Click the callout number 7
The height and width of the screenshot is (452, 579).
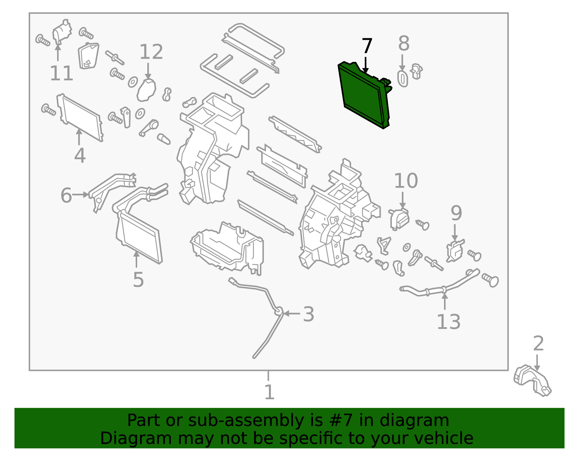367,46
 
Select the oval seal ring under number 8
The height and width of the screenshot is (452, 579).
402,79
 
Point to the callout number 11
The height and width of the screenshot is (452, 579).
61,73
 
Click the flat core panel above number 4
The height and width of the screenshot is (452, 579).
80,118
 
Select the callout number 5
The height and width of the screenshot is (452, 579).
138,279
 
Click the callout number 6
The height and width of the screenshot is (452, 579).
66,195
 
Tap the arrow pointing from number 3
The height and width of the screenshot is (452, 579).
291,313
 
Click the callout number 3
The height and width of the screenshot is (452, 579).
308,314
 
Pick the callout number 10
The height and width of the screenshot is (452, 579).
406,181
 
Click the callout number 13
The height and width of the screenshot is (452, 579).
448,322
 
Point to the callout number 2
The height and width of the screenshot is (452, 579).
538,343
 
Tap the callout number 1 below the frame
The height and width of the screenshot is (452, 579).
269,392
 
